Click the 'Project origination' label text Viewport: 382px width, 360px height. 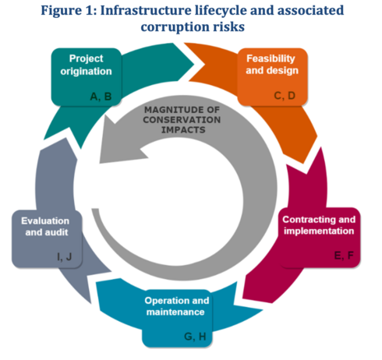(x=86, y=65)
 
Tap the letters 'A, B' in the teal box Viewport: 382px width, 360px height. (x=101, y=97)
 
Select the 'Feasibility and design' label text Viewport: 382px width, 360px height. (x=272, y=64)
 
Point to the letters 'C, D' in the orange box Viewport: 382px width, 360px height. (x=285, y=96)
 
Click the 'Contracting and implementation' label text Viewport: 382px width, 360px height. (x=319, y=225)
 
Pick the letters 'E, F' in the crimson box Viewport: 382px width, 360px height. (x=344, y=256)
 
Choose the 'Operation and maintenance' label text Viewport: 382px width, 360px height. (x=177, y=306)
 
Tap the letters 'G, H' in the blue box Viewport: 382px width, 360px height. (x=195, y=337)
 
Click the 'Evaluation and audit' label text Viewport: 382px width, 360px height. (x=45, y=226)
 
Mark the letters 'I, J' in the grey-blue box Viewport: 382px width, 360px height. (x=64, y=256)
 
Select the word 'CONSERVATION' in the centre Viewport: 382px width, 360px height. (x=182, y=119)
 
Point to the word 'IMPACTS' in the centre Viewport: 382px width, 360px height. (x=183, y=129)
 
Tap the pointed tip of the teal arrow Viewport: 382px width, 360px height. (x=194, y=64)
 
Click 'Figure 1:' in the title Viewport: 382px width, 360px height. (x=69, y=11)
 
